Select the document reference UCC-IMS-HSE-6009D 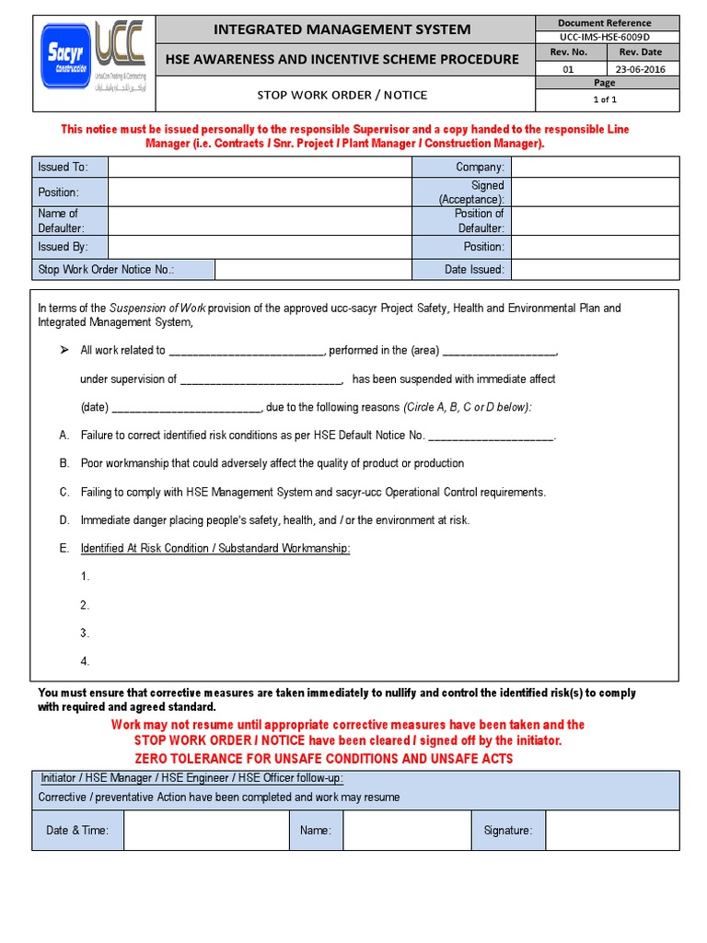pos(604,37)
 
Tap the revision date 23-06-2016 pos(643,69)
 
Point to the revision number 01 pos(567,69)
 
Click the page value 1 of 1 pos(604,99)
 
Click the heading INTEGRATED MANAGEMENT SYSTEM pos(342,29)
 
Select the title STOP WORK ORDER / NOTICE pos(342,95)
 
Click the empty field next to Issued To pos(260,167)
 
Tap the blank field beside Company pos(595,167)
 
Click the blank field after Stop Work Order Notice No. pos(313,270)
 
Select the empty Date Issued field pos(595,270)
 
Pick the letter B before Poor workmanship pos(64,463)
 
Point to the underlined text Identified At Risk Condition pos(215,549)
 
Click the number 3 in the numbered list pos(85,634)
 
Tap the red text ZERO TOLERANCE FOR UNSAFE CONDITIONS pos(323,759)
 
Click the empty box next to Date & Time pos(206,831)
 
